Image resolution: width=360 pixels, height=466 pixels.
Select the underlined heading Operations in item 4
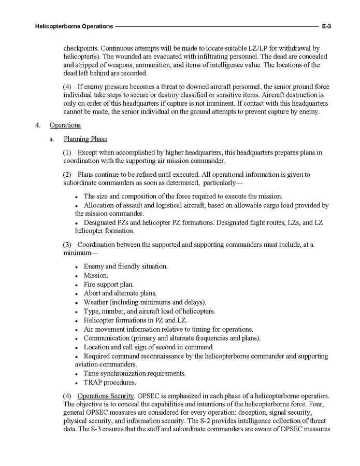65,125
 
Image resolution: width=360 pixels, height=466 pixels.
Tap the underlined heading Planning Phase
85,139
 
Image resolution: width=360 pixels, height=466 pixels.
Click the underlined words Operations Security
106,396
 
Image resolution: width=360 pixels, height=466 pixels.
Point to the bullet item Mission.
96,276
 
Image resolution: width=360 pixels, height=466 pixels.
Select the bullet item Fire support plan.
109,285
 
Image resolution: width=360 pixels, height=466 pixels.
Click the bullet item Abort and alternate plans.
113,293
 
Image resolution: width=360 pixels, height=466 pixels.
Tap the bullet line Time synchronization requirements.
135,373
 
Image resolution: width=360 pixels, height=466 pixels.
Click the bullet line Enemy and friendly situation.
125,266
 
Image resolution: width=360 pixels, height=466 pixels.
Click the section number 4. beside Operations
38,125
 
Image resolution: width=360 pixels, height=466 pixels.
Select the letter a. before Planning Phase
52,139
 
